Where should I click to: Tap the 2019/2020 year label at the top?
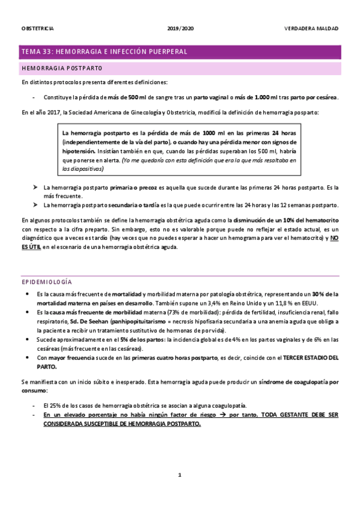[180, 28]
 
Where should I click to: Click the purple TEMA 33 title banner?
[180, 52]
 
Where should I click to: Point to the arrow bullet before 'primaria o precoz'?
[36, 188]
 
